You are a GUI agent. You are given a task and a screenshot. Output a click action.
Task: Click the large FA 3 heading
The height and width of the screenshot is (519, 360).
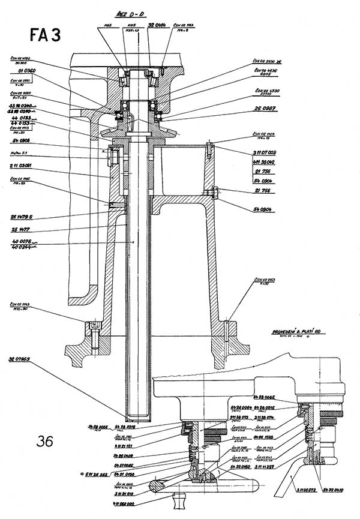(45, 35)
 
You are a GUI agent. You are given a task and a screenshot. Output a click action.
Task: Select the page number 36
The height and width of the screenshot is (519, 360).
(44, 442)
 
